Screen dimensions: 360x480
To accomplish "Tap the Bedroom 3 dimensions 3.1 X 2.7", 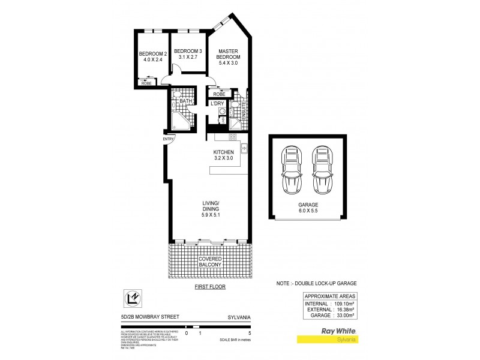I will click(x=188, y=58).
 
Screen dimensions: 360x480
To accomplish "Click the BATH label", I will click(x=185, y=101).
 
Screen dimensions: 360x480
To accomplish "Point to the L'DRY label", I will click(x=217, y=103).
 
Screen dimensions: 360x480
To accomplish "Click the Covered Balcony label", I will click(x=209, y=260).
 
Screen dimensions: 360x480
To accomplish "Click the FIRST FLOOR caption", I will click(x=209, y=287).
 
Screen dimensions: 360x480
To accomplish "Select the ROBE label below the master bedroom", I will click(x=218, y=94).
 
